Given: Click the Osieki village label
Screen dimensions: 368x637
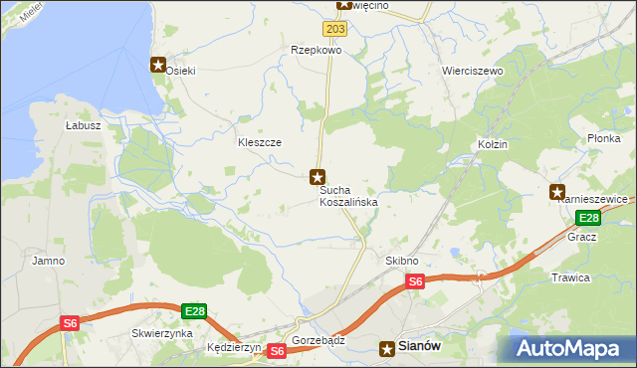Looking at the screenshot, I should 181,70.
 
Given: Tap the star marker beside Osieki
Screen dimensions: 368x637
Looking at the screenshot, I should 157,66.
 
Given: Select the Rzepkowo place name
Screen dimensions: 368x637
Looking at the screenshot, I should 316,49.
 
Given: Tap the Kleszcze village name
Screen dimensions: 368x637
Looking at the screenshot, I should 259,142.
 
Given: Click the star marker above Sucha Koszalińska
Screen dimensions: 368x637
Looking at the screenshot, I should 318,177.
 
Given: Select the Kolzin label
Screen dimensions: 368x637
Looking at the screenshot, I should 492,144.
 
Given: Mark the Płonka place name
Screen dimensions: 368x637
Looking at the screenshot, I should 604,138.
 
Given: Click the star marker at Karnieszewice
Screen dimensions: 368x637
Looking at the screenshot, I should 557,192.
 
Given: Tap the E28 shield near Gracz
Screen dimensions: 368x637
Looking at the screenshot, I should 588,218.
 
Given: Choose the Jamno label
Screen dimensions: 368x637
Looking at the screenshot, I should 48,261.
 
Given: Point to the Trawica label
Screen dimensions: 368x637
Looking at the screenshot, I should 570,277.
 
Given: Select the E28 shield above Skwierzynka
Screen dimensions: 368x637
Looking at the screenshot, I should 195,311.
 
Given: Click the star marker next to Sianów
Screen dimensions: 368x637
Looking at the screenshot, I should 387,348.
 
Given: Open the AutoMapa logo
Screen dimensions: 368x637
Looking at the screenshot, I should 571,348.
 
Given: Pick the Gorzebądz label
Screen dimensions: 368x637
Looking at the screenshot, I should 318,340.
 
